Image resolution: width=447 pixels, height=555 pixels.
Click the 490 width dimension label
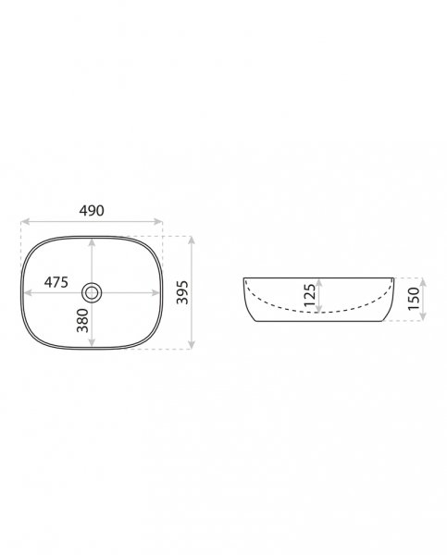tap(92, 211)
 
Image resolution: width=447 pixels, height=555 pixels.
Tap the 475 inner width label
tap(56, 282)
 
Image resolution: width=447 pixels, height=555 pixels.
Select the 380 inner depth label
tap(82, 320)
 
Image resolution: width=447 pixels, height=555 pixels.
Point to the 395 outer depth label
tap(182, 292)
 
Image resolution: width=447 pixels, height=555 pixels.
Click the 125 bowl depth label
tap(310, 295)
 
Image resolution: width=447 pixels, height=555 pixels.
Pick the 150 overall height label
tap(414, 299)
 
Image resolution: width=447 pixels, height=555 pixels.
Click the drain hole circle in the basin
tap(92, 292)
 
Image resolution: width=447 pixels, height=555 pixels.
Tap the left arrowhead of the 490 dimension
tap(25, 222)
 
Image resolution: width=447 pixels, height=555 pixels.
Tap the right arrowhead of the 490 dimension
tap(158, 222)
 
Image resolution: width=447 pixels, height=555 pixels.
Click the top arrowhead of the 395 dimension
tap(192, 240)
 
